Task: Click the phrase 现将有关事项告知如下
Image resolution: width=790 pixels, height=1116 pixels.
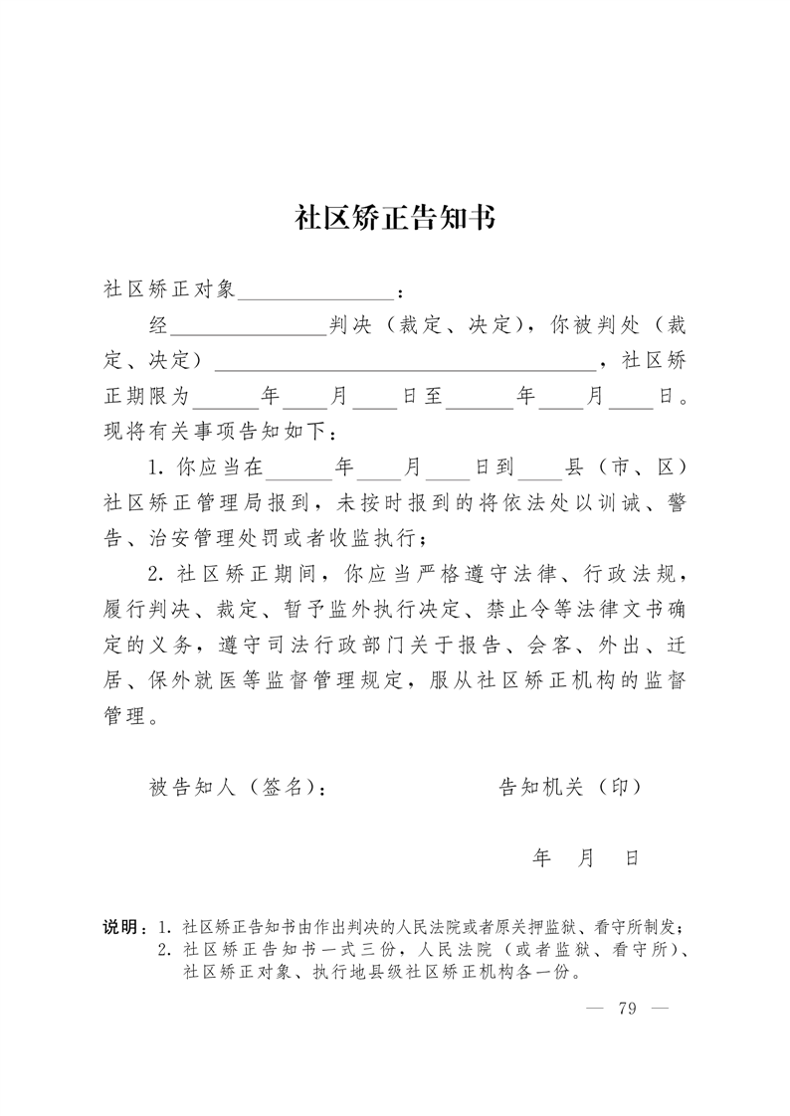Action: [x=215, y=433]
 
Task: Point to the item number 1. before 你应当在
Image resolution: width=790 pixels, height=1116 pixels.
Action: [x=157, y=466]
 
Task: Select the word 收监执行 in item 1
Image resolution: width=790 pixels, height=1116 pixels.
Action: [x=376, y=538]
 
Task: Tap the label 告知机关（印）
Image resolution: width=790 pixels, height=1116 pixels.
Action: [x=569, y=787]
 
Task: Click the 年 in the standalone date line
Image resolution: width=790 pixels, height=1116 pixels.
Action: [x=542, y=857]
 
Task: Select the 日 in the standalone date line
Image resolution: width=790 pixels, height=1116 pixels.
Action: [x=631, y=857]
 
